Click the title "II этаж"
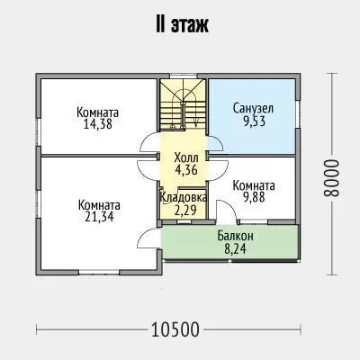coord(182,25)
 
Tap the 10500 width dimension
coord(175,329)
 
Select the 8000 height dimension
coord(331,177)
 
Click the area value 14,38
coord(98,123)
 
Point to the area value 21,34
coord(99,216)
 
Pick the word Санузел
coord(253,108)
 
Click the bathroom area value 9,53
coord(254,121)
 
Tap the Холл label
coord(186,157)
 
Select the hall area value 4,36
coord(186,170)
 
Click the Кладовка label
coord(184,197)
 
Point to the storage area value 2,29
coord(185,210)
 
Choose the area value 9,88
coord(254,198)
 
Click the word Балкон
coord(235,236)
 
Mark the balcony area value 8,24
coord(235,248)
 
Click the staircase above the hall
coord(183,104)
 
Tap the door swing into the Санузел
coord(216,143)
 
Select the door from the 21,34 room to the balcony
coord(149,238)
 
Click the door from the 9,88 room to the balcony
coord(226,211)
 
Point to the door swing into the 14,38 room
coord(149,143)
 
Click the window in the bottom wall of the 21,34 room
coord(99,272)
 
